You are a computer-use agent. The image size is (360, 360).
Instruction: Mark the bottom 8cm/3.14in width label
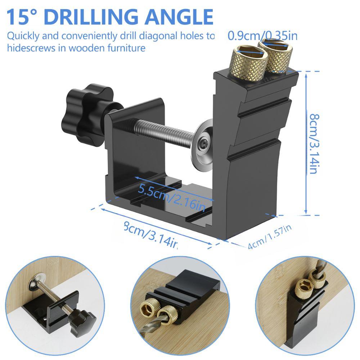pos(150,235)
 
